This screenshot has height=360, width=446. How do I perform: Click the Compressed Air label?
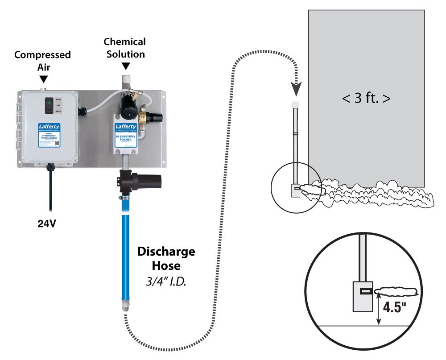click(42, 60)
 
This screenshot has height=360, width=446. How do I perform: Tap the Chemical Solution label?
click(125, 48)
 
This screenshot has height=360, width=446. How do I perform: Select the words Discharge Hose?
click(166, 258)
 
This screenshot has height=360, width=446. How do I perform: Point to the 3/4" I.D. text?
click(165, 281)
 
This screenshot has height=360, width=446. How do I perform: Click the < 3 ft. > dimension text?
click(366, 98)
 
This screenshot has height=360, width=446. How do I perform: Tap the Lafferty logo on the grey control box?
click(48, 127)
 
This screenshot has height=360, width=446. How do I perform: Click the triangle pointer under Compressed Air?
click(43, 79)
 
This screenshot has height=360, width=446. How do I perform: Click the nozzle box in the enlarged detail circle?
click(362, 296)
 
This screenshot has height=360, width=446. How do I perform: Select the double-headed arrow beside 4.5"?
click(379, 312)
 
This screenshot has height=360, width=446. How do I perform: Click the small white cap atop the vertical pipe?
click(295, 106)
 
